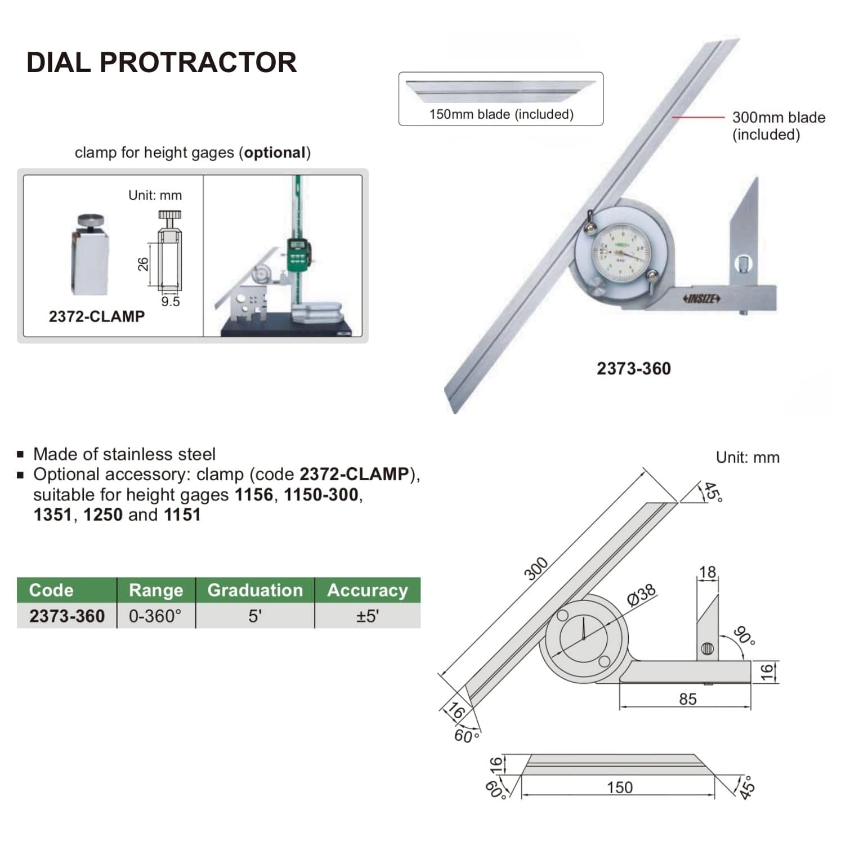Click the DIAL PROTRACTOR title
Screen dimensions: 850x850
click(162, 62)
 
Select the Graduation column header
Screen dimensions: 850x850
click(254, 590)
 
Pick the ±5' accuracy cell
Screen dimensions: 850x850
click(367, 616)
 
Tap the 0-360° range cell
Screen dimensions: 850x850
click(155, 616)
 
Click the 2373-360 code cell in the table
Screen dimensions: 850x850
click(67, 616)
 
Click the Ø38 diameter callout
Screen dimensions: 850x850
click(641, 594)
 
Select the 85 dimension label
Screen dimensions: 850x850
click(687, 699)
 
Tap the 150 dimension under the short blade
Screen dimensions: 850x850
click(619, 788)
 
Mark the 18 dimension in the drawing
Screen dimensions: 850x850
click(707, 572)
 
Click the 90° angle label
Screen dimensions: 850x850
click(744, 636)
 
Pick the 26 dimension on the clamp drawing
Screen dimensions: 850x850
click(144, 263)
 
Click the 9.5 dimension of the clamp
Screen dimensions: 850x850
click(170, 302)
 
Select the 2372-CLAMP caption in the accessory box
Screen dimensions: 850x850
click(96, 317)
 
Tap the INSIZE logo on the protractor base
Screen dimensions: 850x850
click(701, 298)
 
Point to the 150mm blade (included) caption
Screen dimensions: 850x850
click(501, 114)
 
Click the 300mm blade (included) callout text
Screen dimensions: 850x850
click(778, 126)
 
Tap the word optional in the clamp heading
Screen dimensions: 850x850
click(275, 153)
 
